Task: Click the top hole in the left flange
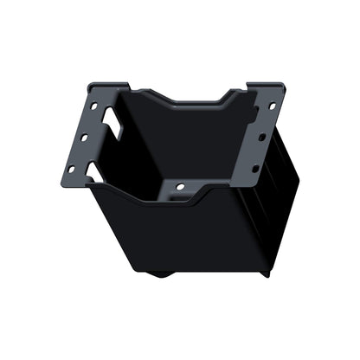pyautogui.click(x=93, y=106)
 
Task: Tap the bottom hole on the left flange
pyautogui.click(x=72, y=168)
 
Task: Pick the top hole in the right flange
pyautogui.click(x=272, y=106)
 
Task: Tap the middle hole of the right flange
pyautogui.click(x=263, y=137)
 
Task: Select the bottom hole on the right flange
pyautogui.click(x=254, y=168)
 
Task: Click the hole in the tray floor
pyautogui.click(x=180, y=186)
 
